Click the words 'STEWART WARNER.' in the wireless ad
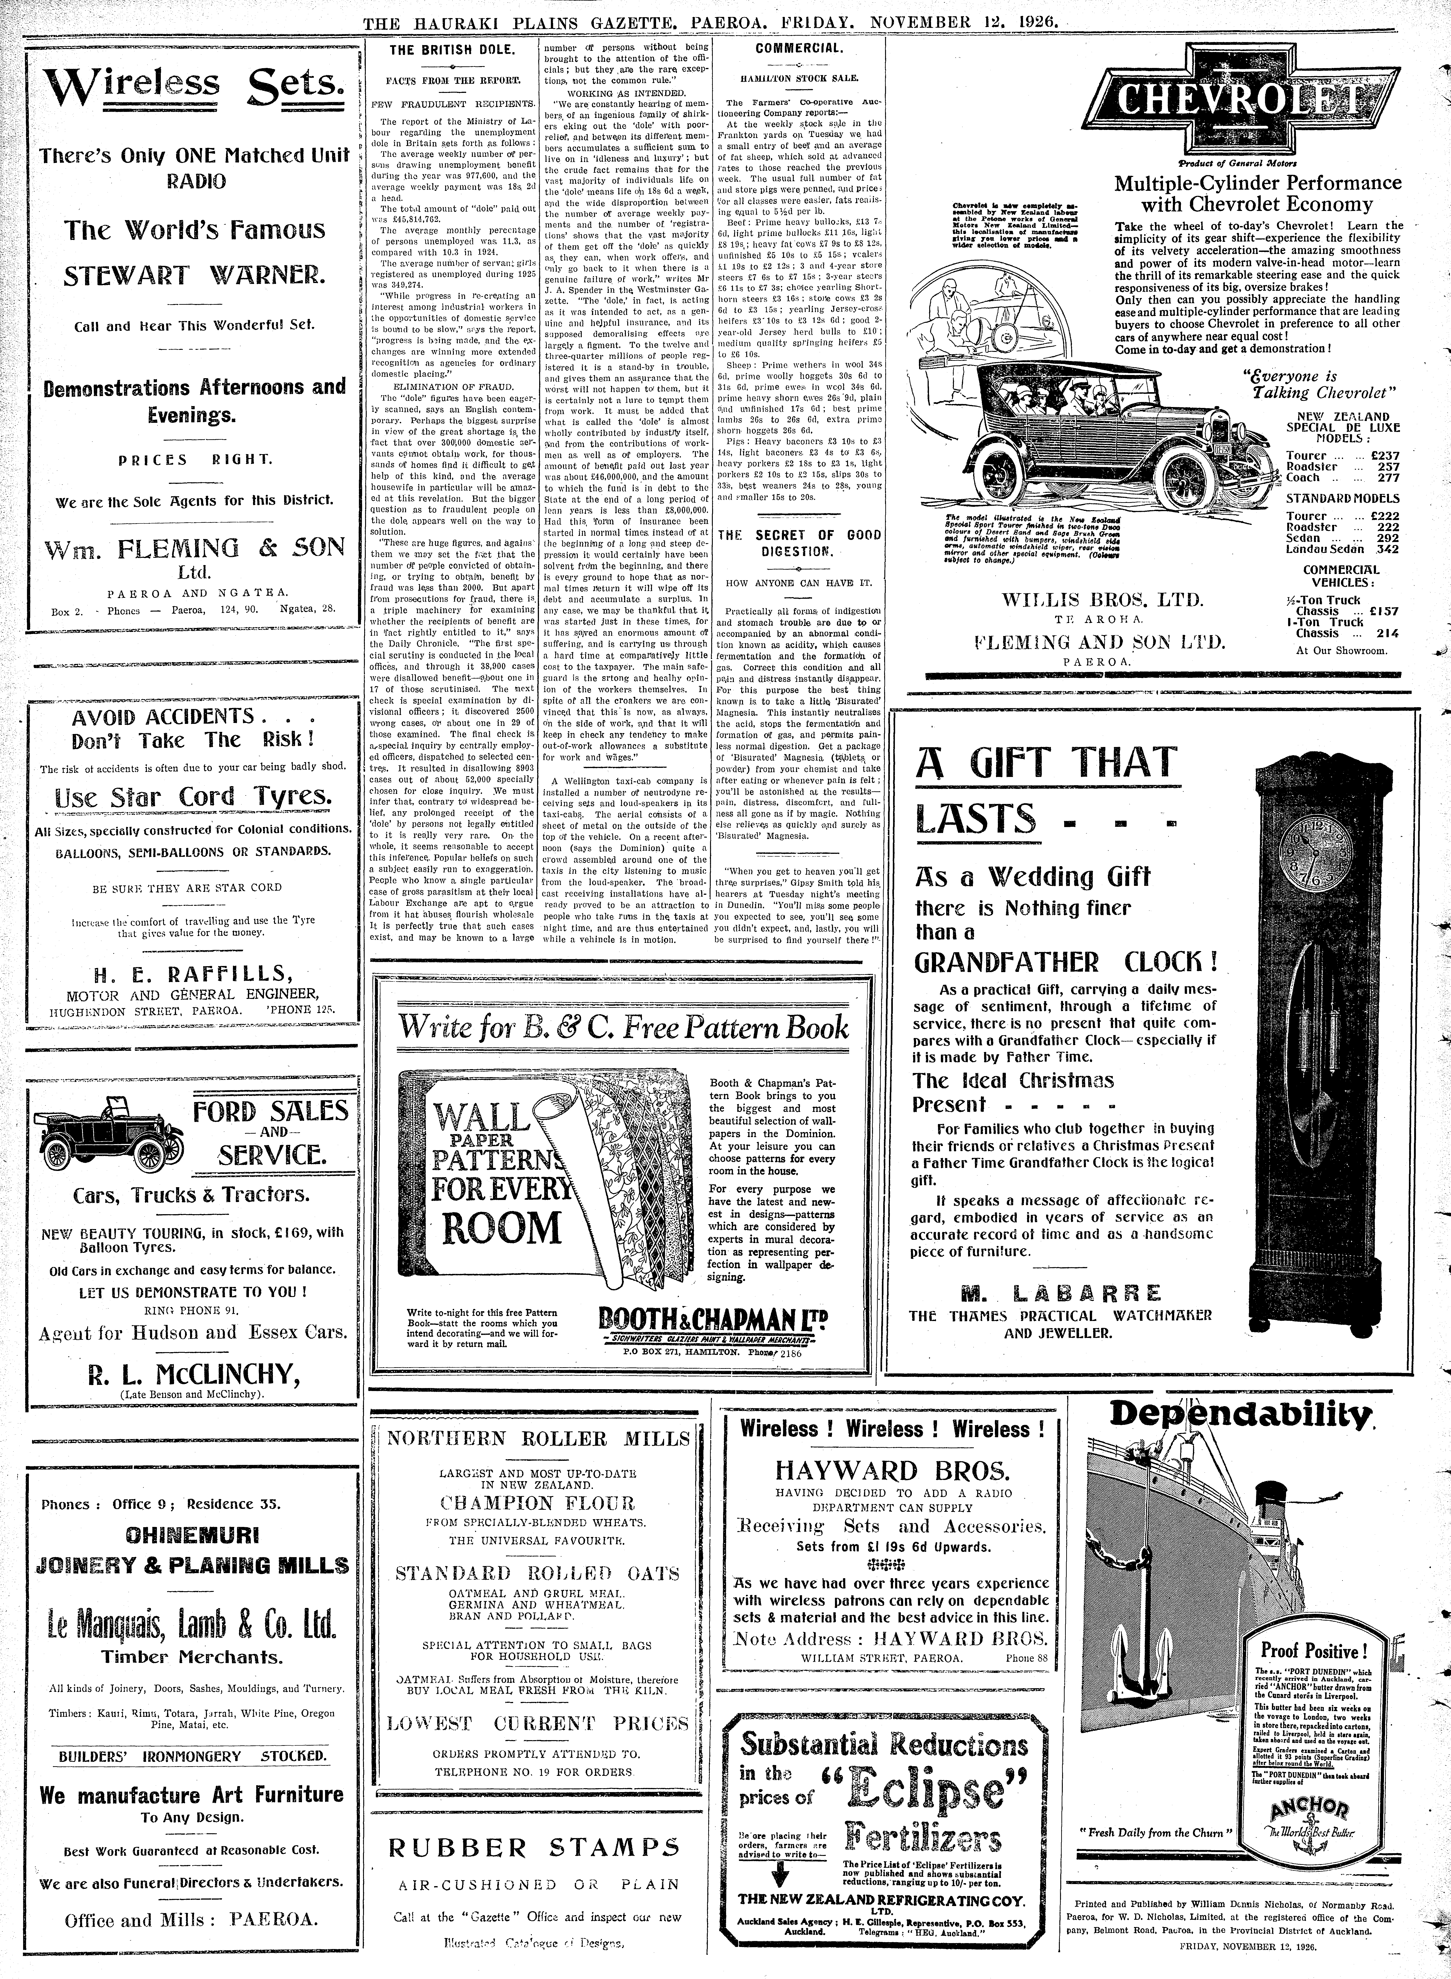click(x=195, y=276)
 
